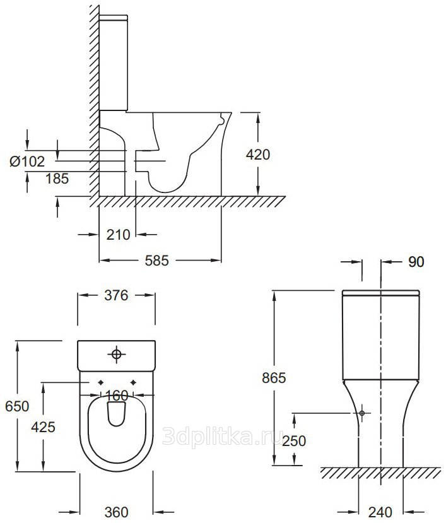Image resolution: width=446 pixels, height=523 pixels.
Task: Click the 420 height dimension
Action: point(257,155)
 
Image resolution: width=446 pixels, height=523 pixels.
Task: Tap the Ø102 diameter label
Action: point(27,162)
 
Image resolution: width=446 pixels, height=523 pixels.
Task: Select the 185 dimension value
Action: point(57,179)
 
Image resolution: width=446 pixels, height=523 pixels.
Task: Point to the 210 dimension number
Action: point(118,235)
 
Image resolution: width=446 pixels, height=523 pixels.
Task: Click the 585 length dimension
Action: point(157,261)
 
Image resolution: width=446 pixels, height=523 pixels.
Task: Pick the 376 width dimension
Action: point(116,295)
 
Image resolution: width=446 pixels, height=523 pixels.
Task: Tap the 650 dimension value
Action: point(17,406)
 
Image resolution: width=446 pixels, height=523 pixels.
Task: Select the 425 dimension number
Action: point(43,427)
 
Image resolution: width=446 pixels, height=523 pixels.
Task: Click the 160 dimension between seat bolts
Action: point(117,396)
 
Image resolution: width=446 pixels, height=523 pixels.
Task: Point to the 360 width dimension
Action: point(117,512)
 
